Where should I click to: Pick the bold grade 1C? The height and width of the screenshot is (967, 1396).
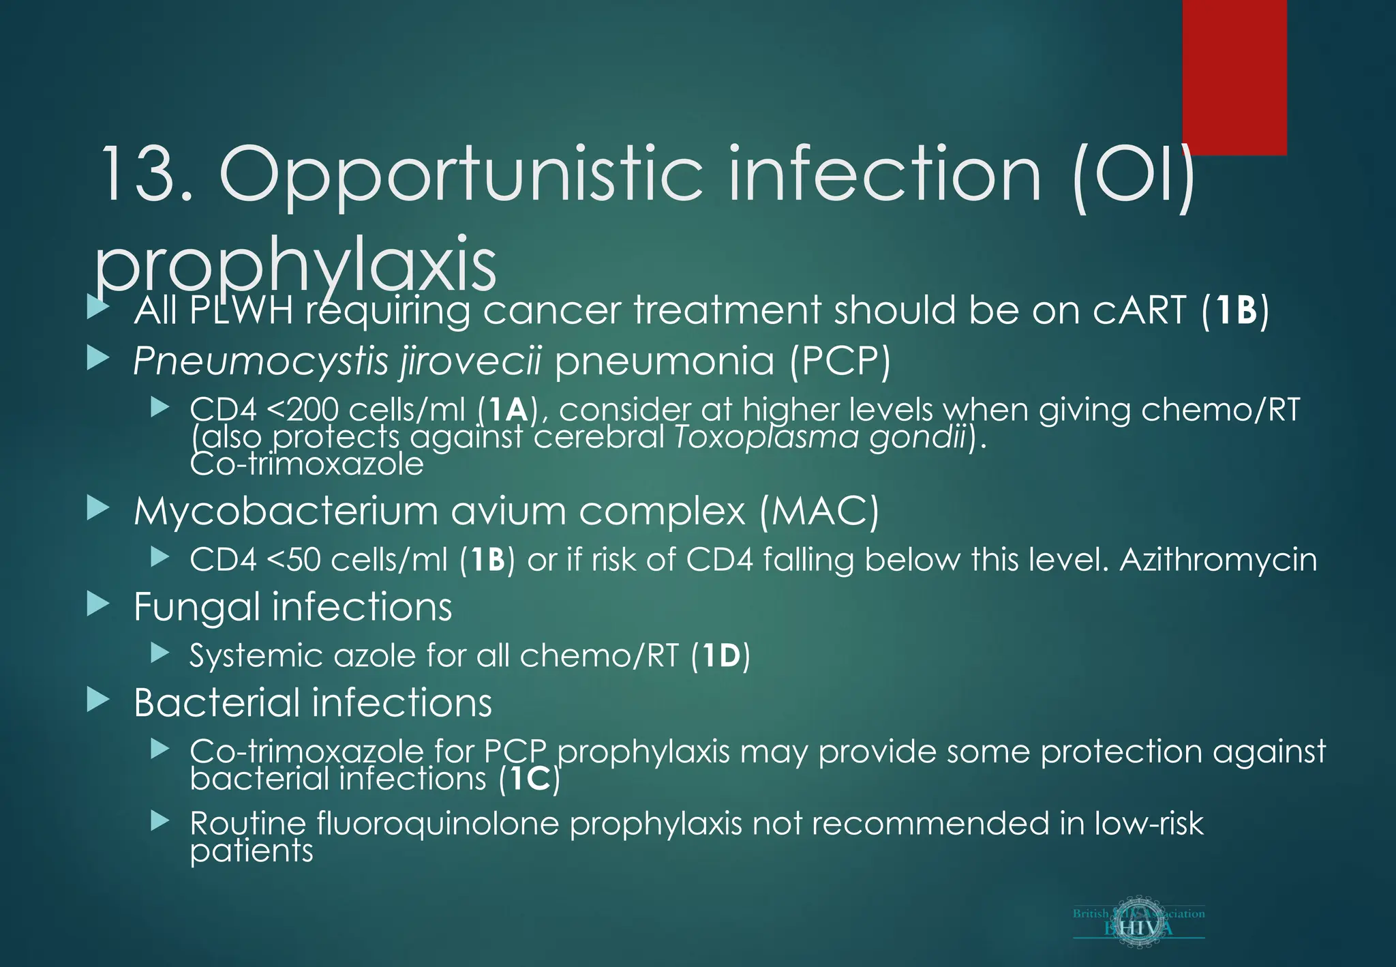[530, 779]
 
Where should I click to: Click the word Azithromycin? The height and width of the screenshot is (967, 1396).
[1217, 560]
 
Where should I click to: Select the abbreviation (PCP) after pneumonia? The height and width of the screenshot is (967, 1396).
[840, 361]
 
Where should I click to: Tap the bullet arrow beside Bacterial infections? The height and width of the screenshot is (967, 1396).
[98, 700]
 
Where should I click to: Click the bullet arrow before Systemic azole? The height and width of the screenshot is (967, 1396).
[160, 653]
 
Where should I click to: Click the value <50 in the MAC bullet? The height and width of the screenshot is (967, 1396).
[293, 560]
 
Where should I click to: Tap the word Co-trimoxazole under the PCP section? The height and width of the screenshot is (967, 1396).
[307, 465]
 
